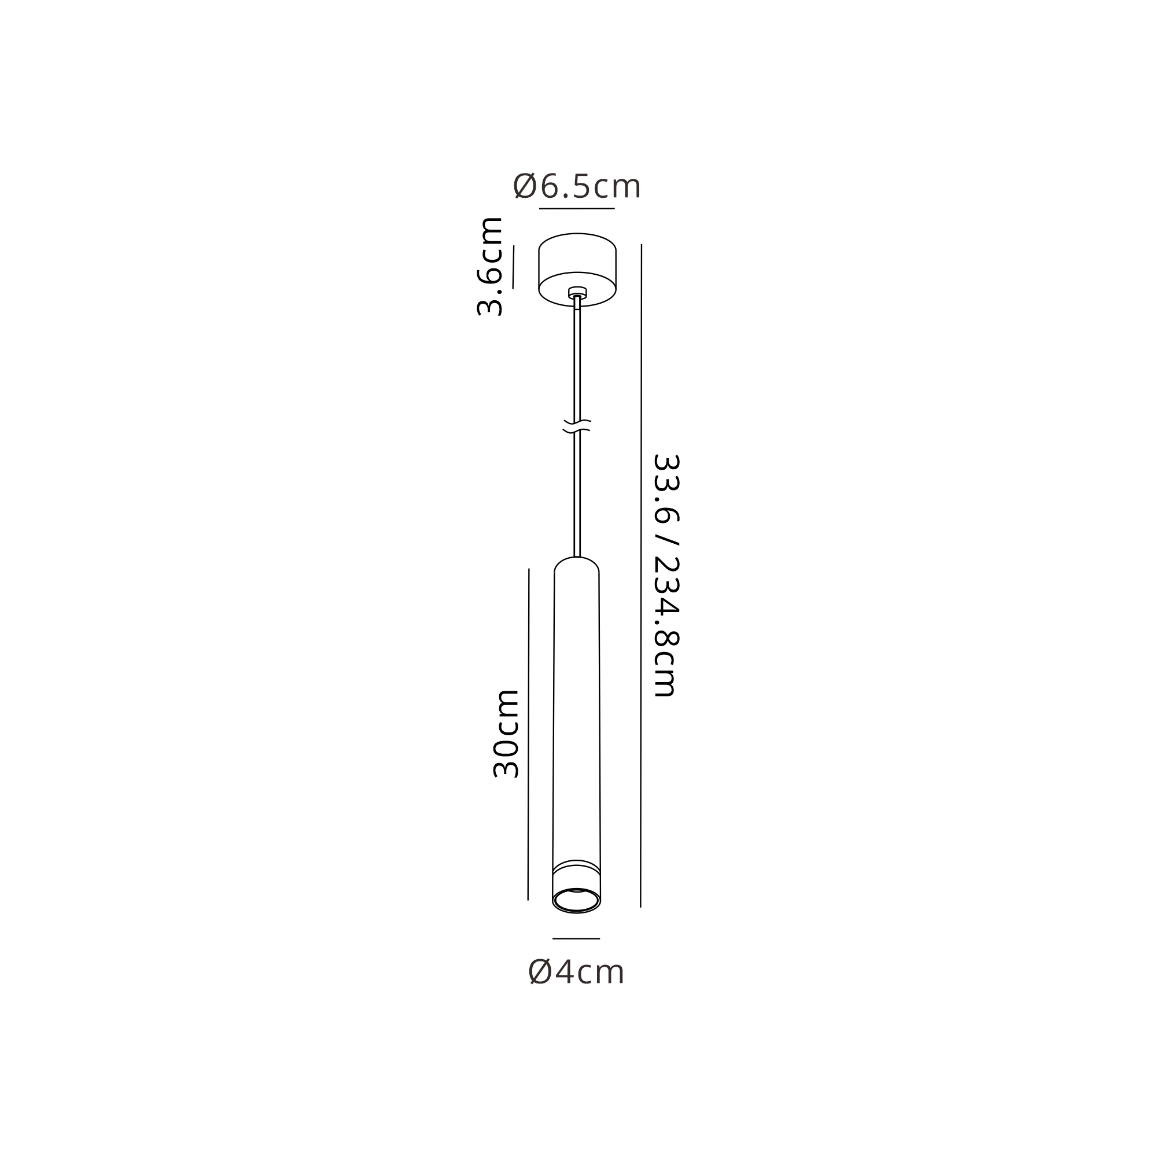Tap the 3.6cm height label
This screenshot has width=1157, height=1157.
(490, 267)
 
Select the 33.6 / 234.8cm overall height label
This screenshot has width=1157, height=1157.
(666, 575)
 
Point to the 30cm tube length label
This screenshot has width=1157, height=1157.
(506, 734)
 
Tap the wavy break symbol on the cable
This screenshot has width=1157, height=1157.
(577, 426)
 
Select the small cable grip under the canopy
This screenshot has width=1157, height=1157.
(577, 293)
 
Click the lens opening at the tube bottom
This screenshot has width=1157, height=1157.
(576, 901)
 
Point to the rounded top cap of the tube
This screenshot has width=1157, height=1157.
(577, 565)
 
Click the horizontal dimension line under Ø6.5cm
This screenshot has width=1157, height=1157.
(577, 208)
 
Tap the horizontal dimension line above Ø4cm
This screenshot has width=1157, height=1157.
(576, 938)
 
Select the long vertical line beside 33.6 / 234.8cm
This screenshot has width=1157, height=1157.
(641, 575)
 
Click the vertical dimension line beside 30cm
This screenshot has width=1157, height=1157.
(528, 734)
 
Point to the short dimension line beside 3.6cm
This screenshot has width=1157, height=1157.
(513, 267)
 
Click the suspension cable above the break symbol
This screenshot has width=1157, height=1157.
(577, 359)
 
